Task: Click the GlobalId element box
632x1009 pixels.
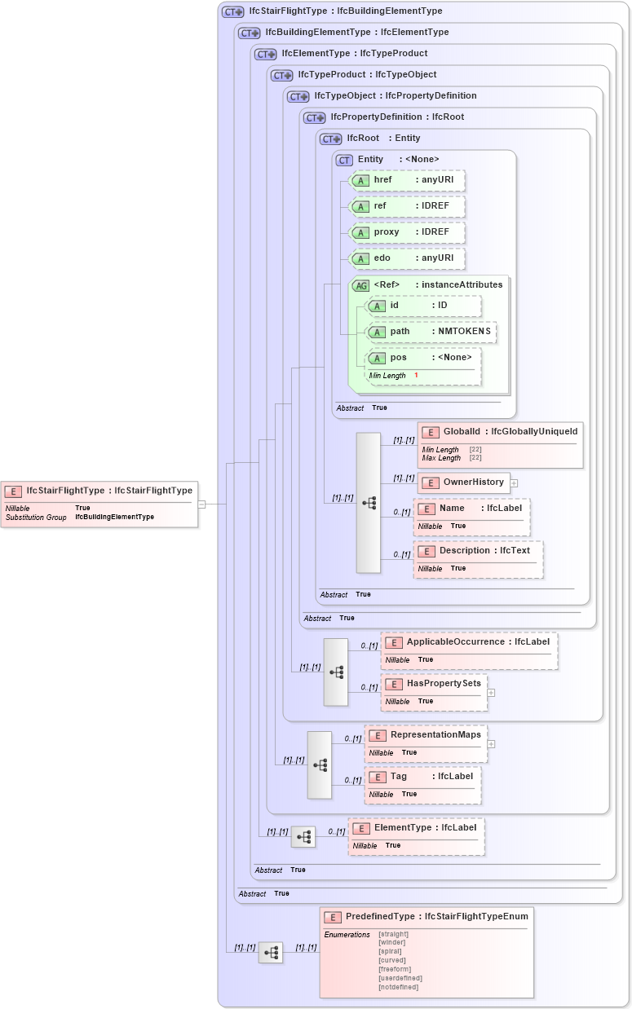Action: pos(500,444)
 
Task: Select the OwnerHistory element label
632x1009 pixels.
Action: pos(473,482)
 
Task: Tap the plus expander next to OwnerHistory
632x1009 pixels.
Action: pos(515,482)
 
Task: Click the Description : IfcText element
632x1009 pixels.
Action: pos(478,558)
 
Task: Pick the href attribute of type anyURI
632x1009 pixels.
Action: pos(407,180)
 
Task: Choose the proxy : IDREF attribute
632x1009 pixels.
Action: pos(407,232)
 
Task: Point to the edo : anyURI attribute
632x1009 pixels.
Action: pos(407,258)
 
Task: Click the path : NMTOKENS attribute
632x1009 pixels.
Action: pos(431,332)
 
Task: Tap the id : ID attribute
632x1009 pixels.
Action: pos(423,306)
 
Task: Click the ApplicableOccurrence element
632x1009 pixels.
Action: pos(469,650)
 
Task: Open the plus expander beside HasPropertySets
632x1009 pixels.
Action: pos(492,692)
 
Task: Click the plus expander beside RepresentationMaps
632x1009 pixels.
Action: pos(492,743)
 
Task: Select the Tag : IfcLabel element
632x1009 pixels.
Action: pos(422,784)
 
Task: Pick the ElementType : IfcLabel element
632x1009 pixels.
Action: pos(416,836)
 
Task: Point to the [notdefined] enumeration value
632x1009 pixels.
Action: pos(398,987)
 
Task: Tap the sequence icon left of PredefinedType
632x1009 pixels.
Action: pos(271,952)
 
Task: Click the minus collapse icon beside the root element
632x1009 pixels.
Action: pos(201,504)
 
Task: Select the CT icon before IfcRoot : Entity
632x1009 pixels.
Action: pos(331,139)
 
